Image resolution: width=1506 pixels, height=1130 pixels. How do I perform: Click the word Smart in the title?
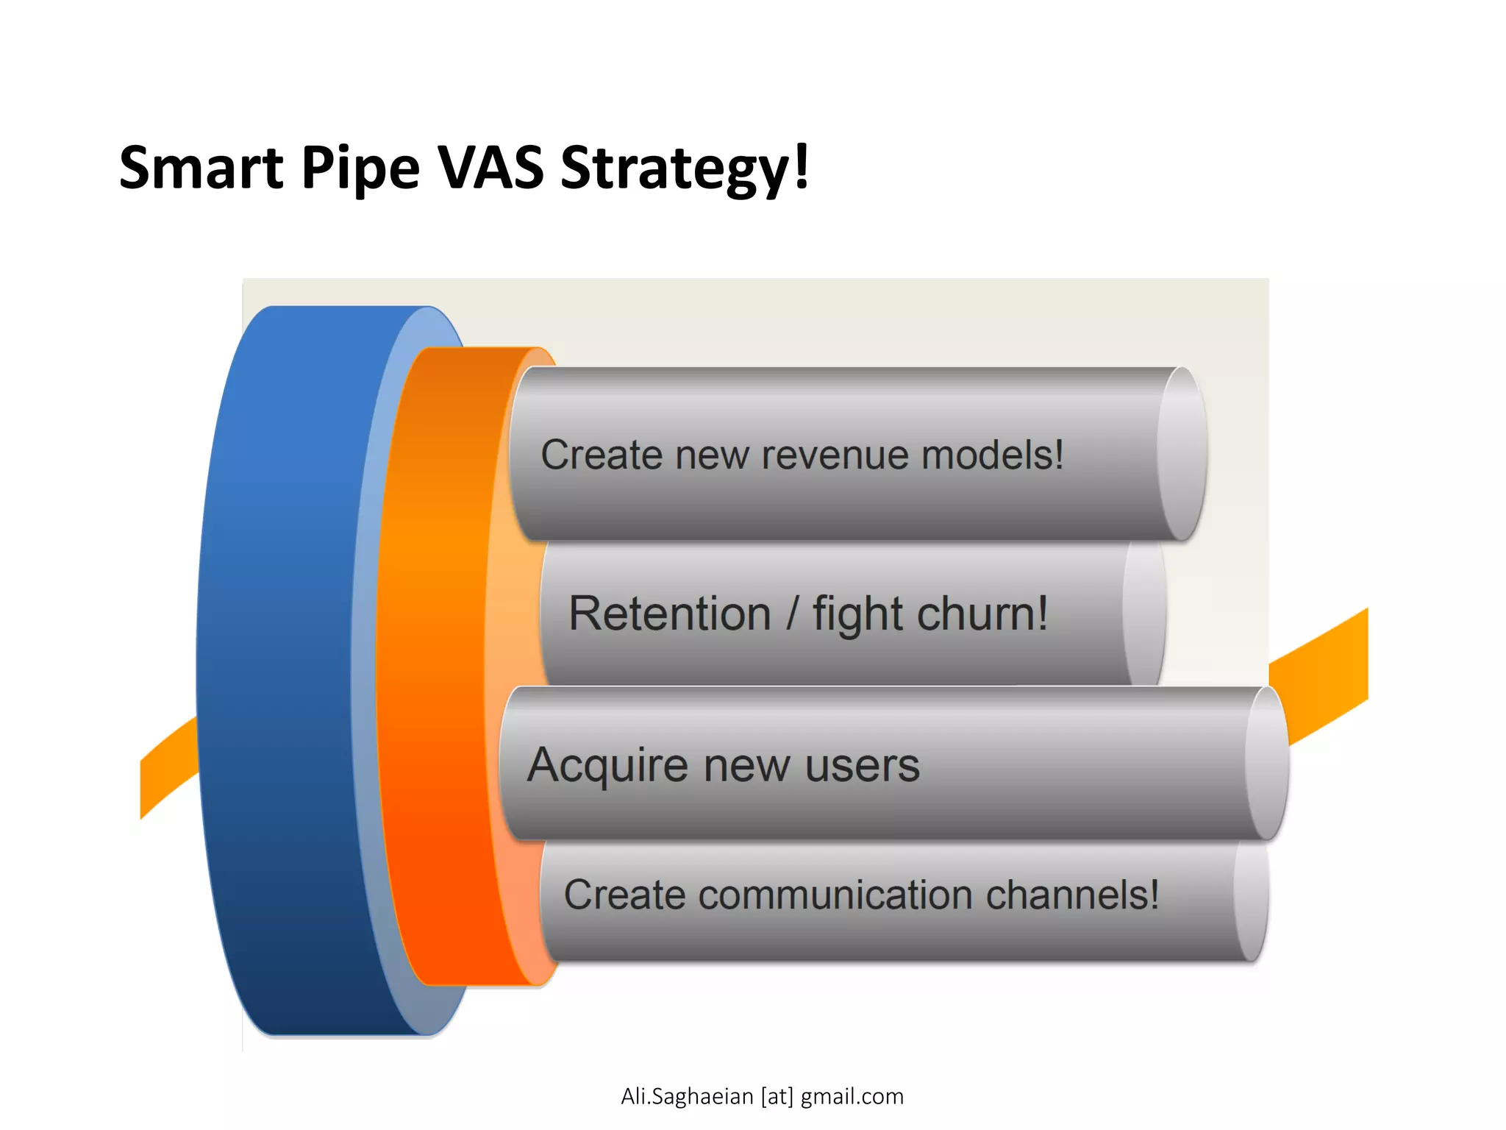click(201, 168)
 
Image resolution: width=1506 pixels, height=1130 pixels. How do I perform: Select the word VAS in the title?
click(490, 168)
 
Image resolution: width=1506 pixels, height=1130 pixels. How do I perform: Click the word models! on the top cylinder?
click(992, 454)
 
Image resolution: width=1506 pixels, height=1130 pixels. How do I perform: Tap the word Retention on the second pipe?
click(670, 614)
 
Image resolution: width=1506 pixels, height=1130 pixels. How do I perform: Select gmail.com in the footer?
click(852, 1097)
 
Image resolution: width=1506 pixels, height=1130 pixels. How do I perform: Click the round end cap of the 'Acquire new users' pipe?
click(1266, 764)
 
